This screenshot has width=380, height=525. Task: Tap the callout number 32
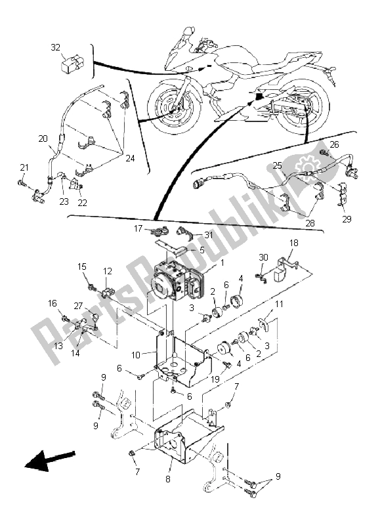point(56,47)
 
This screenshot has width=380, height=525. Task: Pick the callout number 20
point(43,138)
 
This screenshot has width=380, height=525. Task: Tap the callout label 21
point(24,167)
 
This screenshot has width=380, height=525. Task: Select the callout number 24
point(131,158)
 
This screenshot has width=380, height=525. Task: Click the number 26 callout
point(334,144)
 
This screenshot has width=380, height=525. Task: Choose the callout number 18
point(293,243)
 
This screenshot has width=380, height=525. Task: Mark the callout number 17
point(138,229)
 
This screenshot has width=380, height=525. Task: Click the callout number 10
point(136,355)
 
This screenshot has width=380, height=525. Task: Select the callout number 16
point(52,303)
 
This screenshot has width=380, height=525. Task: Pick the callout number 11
point(279,304)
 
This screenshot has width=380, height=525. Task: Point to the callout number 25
point(278,166)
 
